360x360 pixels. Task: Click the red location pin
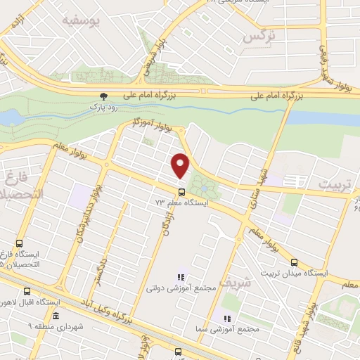tap(181, 165)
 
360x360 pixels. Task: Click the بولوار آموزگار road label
tap(152, 125)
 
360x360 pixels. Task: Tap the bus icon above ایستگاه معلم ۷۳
tap(182, 191)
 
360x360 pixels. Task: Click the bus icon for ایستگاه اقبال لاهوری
tap(27, 291)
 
